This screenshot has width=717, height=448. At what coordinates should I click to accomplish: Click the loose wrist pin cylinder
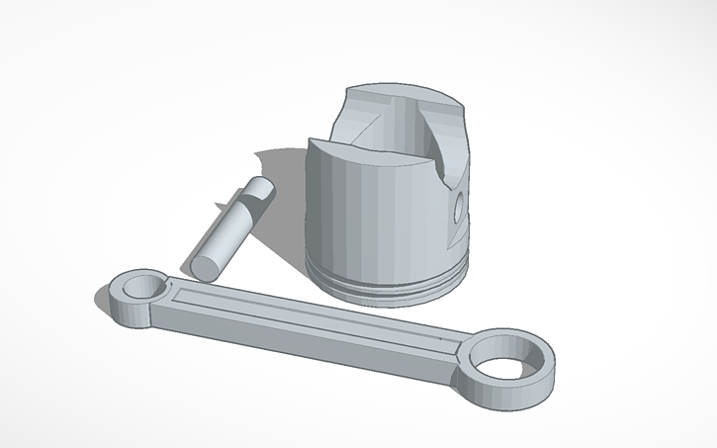229,225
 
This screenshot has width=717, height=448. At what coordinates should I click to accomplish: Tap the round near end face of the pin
206,266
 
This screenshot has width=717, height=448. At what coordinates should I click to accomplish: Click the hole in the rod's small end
142,287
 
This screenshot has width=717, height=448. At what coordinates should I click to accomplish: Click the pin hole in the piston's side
458,208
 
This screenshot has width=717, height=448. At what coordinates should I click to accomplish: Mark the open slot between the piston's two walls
425,138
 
